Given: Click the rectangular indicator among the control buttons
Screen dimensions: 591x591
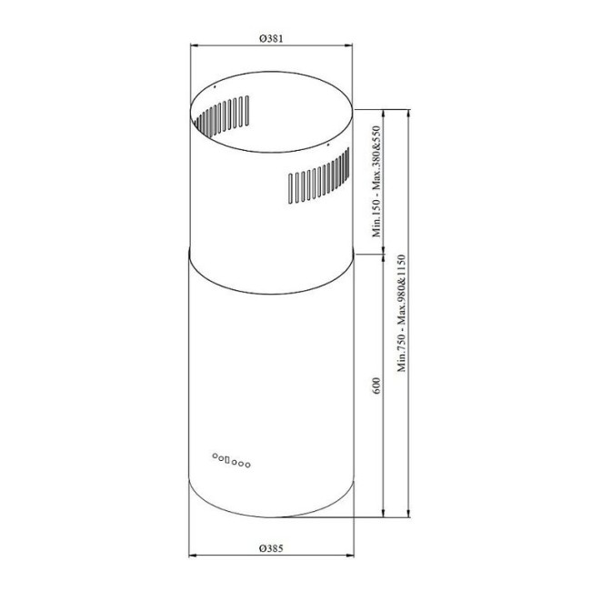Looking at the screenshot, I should (224, 460).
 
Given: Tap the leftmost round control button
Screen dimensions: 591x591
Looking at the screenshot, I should (215, 457).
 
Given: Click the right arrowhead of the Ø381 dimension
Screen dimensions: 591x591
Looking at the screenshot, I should (351, 45).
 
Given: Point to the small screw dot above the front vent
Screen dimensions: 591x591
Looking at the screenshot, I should (328, 143).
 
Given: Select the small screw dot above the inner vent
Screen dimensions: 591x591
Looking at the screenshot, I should (212, 88).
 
